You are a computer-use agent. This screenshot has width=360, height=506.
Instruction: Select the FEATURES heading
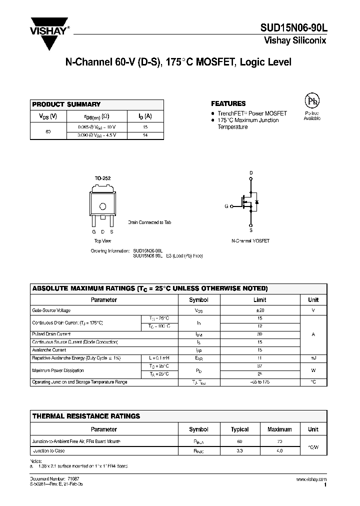[x=228, y=103]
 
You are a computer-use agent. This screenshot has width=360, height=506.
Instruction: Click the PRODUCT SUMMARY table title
[x=66, y=104]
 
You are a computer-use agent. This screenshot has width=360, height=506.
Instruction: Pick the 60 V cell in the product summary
[x=48, y=131]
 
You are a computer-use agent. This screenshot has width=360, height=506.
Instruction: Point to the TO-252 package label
[x=102, y=178]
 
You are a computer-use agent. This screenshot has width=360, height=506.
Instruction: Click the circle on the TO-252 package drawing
[x=103, y=206]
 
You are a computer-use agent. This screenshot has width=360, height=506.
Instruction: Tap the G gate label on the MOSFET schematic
[x=226, y=206]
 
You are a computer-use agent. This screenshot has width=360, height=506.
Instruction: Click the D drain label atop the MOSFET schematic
[x=251, y=173]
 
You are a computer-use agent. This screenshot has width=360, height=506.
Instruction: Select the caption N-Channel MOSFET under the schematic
[x=250, y=241]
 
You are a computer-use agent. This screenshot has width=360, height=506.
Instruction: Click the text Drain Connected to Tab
[x=149, y=222]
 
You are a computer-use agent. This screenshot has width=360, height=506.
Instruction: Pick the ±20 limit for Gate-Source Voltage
[x=259, y=310]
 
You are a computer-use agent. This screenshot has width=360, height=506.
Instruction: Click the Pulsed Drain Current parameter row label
[x=51, y=334]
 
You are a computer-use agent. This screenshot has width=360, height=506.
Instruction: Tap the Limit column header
[x=259, y=300]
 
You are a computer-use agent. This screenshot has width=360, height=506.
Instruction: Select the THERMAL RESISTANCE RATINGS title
[x=86, y=416]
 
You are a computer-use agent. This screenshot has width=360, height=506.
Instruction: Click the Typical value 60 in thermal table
[x=239, y=442]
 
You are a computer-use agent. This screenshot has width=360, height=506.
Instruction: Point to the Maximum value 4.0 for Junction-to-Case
[x=279, y=451]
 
